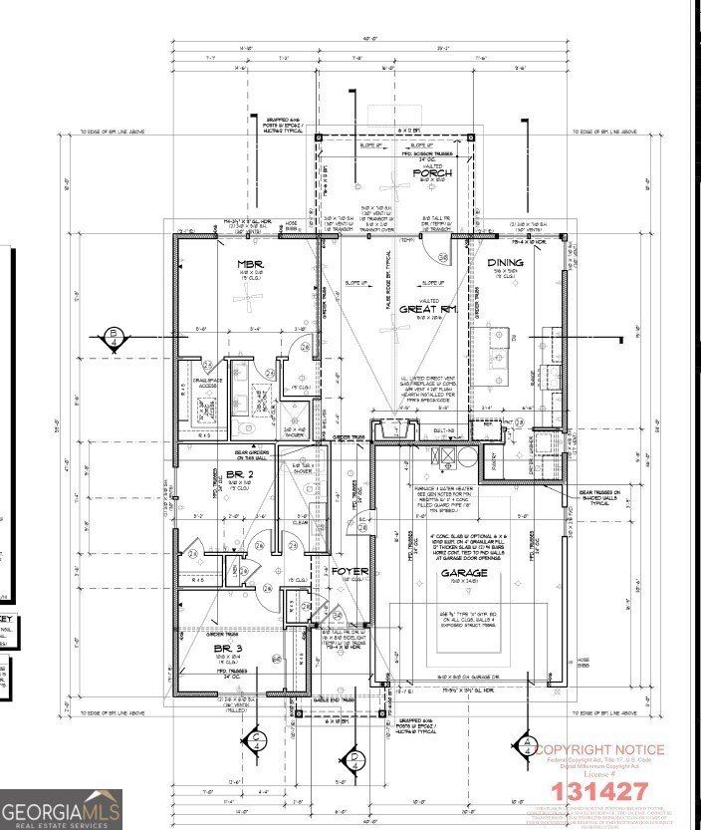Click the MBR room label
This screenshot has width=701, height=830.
(248, 264)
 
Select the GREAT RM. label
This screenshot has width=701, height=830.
(429, 309)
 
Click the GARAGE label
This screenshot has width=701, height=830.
(466, 574)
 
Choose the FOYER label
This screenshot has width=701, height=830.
(350, 572)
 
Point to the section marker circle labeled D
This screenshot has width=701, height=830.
(355, 759)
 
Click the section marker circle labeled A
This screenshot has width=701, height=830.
(524, 743)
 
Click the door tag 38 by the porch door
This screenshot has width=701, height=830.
(442, 257)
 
